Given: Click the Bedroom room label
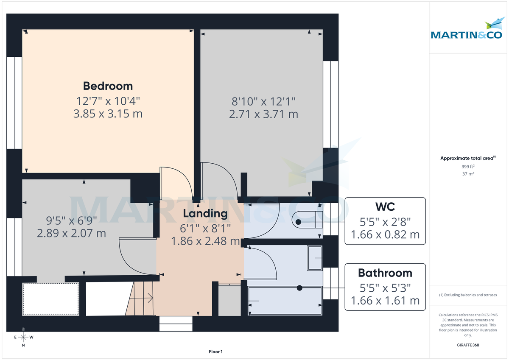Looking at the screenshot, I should point(108,86).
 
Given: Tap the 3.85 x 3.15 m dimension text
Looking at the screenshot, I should point(108,114).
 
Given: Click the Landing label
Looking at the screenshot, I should point(205,213).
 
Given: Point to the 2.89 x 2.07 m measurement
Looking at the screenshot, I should point(72,233).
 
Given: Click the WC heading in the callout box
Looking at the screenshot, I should point(385,207).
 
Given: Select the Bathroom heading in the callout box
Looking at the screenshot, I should point(385,273).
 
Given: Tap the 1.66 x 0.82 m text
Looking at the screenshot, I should point(385,234).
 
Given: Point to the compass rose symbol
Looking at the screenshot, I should point(23,338).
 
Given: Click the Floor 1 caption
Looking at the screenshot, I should point(215,352).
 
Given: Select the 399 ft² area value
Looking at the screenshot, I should point(467,167).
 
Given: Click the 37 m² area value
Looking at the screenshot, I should point(467,174).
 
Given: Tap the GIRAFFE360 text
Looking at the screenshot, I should point(467,345).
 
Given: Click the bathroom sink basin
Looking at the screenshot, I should point(315,257).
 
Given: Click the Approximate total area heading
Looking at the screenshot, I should point(467,158).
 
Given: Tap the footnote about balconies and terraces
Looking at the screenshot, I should point(467,295).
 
